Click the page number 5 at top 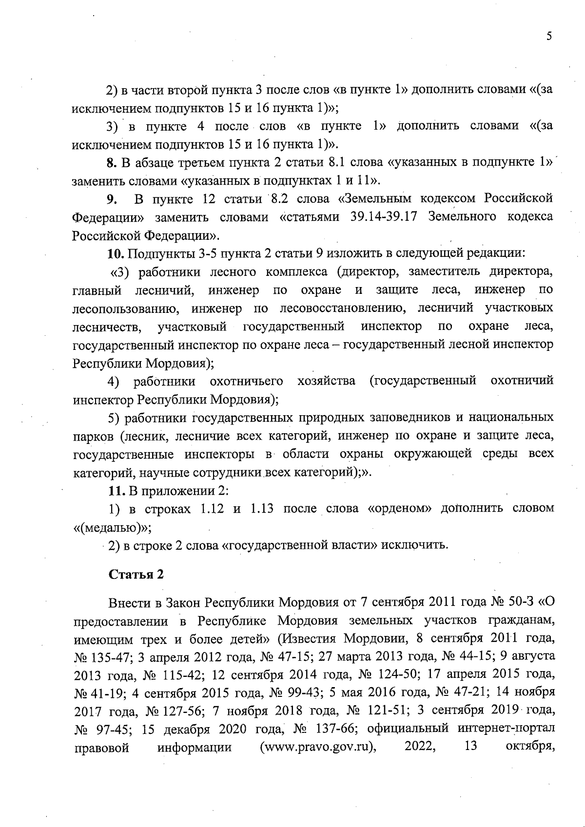coord(548,37)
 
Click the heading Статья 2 coord(136,574)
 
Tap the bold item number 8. coord(111,162)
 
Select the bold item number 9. coord(112,199)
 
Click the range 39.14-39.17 coord(384,217)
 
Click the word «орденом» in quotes coord(399,508)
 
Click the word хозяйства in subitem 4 coord(326,381)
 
